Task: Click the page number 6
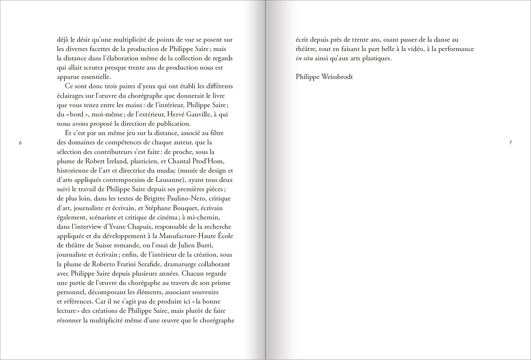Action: pos(20,143)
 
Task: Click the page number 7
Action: pos(510,143)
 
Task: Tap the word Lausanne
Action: pos(167,180)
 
